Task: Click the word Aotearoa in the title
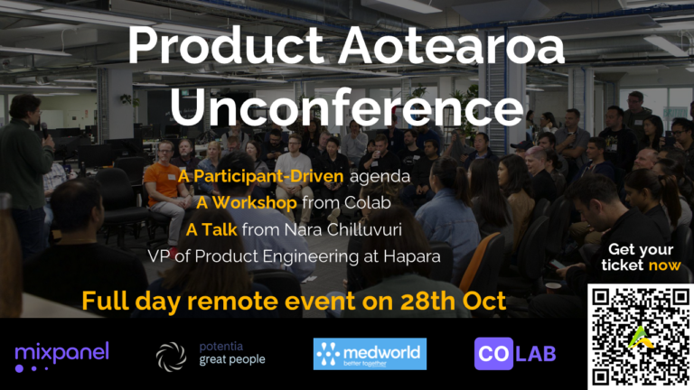point(452,45)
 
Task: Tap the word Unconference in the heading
point(347,107)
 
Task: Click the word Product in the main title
point(226,45)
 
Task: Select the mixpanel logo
point(61,356)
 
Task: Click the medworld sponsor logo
point(370,354)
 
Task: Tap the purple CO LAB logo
point(515,353)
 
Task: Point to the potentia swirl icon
point(171,357)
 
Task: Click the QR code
point(641,337)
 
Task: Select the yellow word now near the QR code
point(664,265)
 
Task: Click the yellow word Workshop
point(255,203)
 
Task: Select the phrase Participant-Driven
point(268,176)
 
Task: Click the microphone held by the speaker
point(44,130)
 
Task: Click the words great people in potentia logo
point(232,360)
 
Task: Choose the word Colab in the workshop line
point(368,203)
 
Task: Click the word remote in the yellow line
point(233,302)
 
